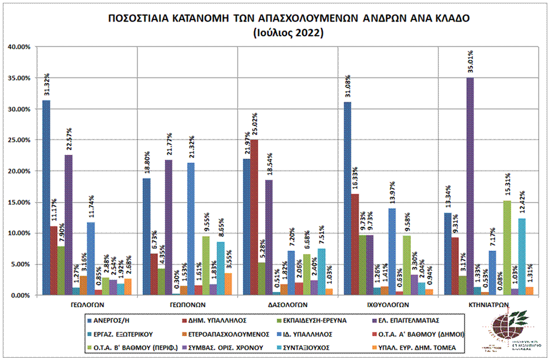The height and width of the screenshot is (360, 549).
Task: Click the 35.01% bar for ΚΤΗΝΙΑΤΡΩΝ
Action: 470,186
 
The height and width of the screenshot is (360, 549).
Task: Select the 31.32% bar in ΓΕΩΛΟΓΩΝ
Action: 46,197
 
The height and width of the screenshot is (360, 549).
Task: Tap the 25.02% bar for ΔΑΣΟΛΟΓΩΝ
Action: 254,217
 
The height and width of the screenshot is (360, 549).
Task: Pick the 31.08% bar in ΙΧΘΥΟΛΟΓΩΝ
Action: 347,198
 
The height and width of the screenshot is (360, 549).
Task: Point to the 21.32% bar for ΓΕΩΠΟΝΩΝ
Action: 191,228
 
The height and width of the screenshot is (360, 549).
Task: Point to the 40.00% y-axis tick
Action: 18,47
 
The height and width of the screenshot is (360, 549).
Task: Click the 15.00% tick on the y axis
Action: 18,202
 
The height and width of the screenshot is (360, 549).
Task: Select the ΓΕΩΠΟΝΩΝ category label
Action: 187,305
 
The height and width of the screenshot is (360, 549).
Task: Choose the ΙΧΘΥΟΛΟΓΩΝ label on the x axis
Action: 387,305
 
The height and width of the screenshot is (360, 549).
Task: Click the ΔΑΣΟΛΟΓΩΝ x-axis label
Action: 287,305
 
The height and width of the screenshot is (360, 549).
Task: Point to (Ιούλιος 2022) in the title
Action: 288,33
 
